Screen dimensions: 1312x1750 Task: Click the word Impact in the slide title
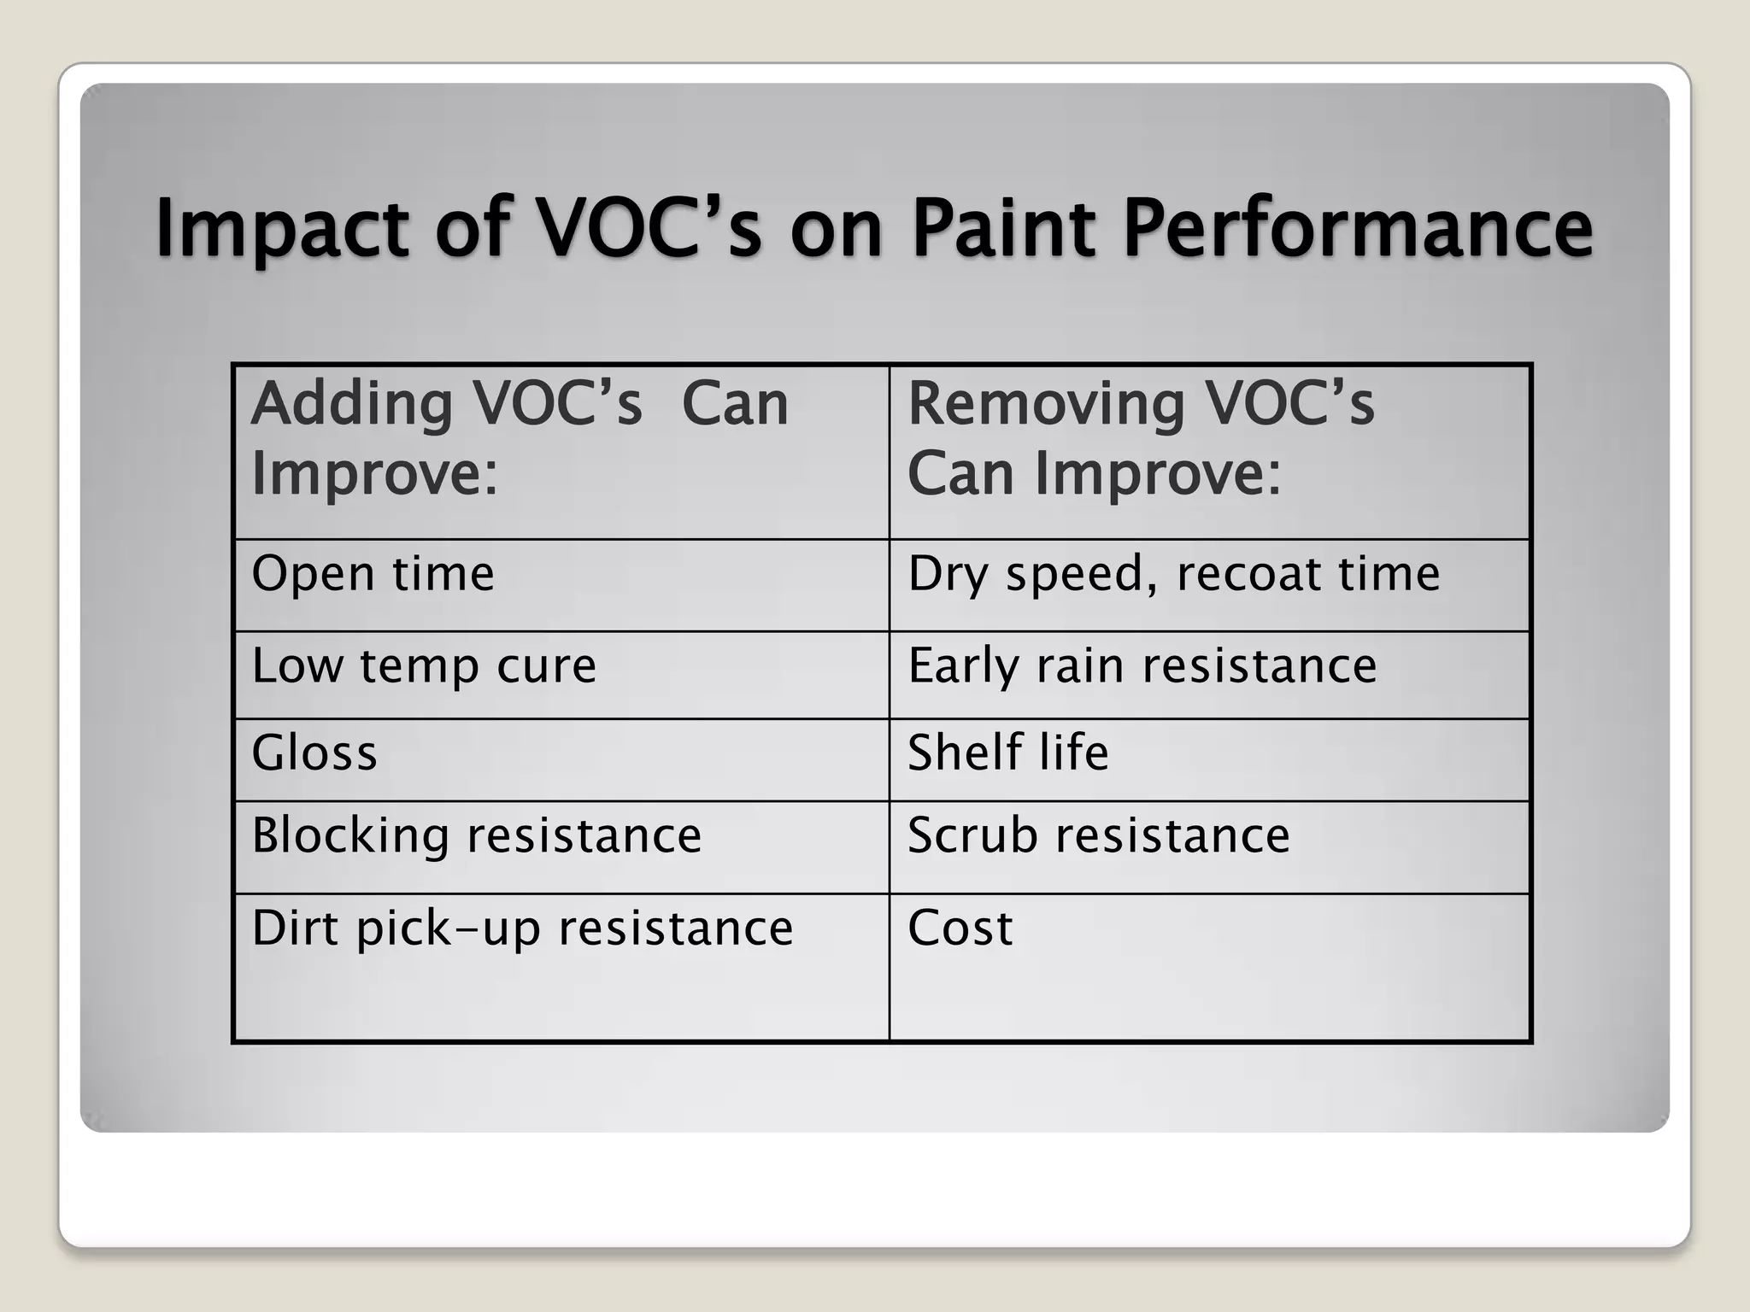[282, 229]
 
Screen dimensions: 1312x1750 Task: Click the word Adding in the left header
[351, 404]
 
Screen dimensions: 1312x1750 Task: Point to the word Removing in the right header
[1045, 404]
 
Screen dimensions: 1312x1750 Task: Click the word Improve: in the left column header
[374, 472]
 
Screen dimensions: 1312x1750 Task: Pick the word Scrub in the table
[972, 835]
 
